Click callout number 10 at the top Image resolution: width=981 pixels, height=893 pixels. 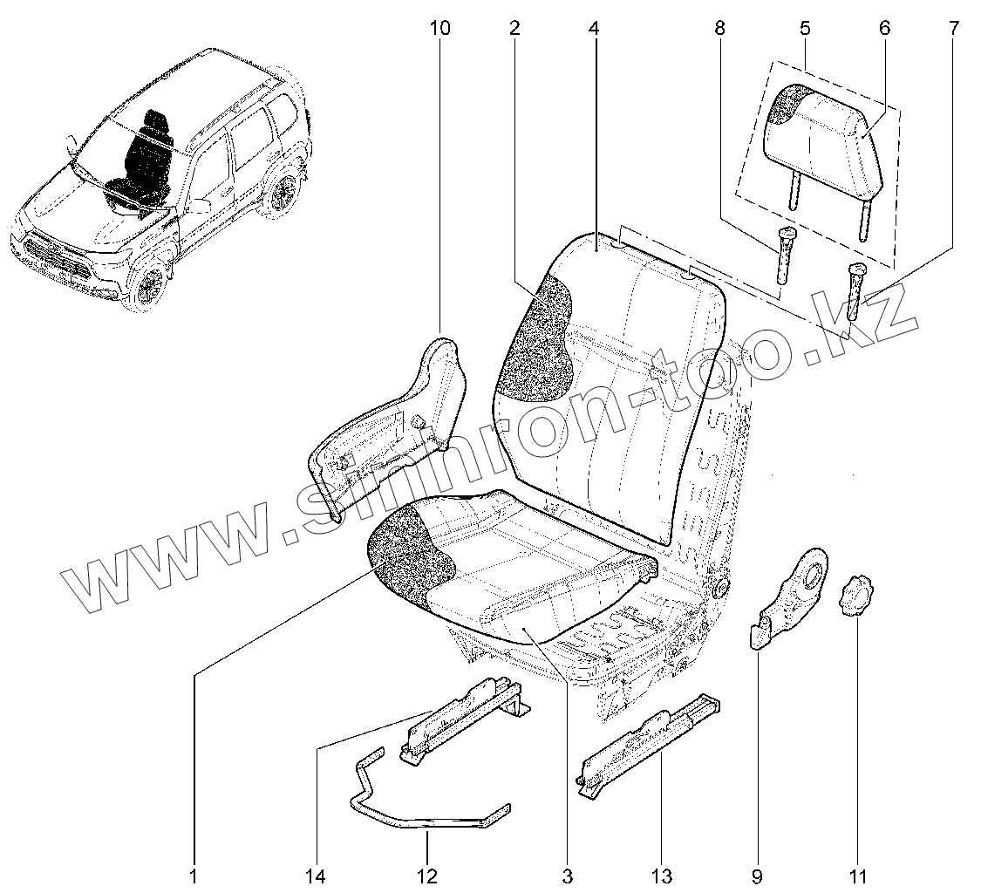point(440,29)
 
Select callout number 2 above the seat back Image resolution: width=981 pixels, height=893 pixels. point(514,29)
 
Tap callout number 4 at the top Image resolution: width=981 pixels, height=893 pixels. point(594,29)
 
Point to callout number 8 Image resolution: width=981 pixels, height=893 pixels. point(719,29)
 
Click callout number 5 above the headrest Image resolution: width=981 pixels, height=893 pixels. point(804,29)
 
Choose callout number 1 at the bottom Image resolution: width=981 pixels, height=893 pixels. point(193,876)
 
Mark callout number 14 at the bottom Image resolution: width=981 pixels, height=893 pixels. point(317,876)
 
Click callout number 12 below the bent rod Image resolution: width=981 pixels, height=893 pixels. point(427,876)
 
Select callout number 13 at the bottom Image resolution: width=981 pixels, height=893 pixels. point(660,876)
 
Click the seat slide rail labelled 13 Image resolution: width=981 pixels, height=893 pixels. point(650,741)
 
